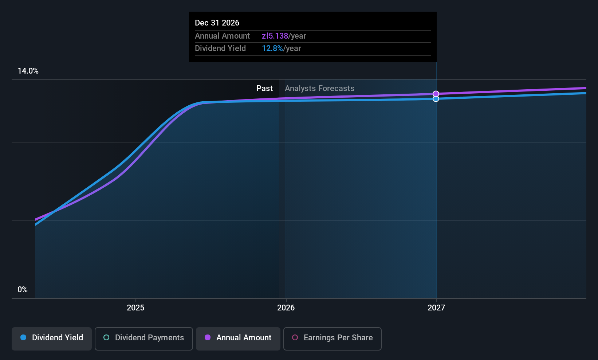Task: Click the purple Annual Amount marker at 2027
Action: click(x=436, y=94)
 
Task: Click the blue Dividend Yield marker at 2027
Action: click(x=436, y=99)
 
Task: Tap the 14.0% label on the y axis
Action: click(x=28, y=71)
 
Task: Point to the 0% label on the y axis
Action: click(x=23, y=290)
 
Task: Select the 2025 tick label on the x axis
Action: click(x=135, y=308)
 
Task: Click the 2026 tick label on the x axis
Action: click(x=286, y=308)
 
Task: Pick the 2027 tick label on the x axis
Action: click(x=436, y=308)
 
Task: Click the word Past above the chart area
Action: click(x=264, y=89)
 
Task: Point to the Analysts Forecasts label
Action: click(x=319, y=89)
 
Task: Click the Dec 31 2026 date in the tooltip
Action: click(x=217, y=23)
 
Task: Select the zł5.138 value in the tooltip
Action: click(x=275, y=36)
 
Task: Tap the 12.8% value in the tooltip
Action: click(x=272, y=48)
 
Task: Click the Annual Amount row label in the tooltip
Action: click(x=222, y=36)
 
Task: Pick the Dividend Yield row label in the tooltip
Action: click(x=220, y=48)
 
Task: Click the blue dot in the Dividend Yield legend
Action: click(x=23, y=338)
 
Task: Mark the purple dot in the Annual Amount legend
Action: click(x=208, y=338)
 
